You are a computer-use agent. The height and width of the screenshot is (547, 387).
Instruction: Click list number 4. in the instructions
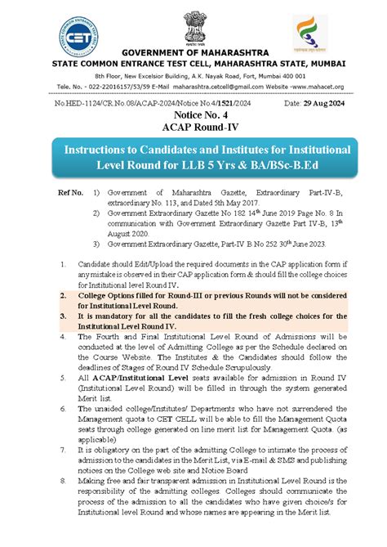tap(64, 335)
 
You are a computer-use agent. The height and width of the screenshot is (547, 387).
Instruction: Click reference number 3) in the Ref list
tap(96, 242)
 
